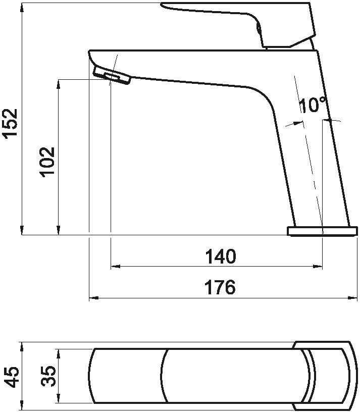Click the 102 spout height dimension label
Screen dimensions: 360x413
[x=47, y=162]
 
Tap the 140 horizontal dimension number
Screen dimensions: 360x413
[x=221, y=256]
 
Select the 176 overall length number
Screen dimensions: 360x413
[x=220, y=287]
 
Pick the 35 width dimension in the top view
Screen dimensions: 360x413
[x=48, y=376]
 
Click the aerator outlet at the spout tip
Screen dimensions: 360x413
[x=112, y=76]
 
